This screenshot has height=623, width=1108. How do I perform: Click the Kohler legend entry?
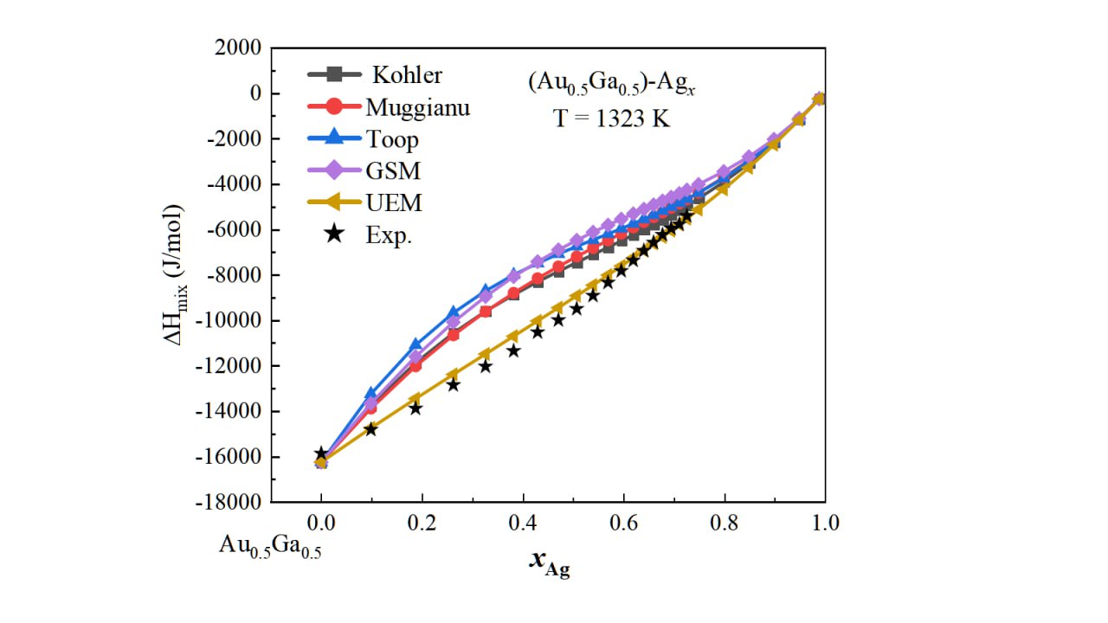[x=407, y=75]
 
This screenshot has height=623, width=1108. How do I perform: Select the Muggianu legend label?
[x=417, y=107]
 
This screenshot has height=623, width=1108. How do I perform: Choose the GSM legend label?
[x=392, y=171]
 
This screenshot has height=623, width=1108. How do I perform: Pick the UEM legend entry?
[x=394, y=202]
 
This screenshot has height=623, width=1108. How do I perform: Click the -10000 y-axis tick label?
[x=229, y=321]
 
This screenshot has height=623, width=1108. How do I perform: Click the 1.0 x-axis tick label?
[x=825, y=523]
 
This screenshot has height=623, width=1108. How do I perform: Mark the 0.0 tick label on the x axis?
[x=321, y=523]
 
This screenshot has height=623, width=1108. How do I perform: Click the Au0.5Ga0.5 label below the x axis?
[x=269, y=546]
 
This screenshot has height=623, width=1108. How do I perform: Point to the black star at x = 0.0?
[x=321, y=453]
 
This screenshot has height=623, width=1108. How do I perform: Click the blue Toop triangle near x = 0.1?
[x=371, y=395]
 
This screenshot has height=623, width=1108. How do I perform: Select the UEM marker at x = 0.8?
[x=724, y=189]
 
